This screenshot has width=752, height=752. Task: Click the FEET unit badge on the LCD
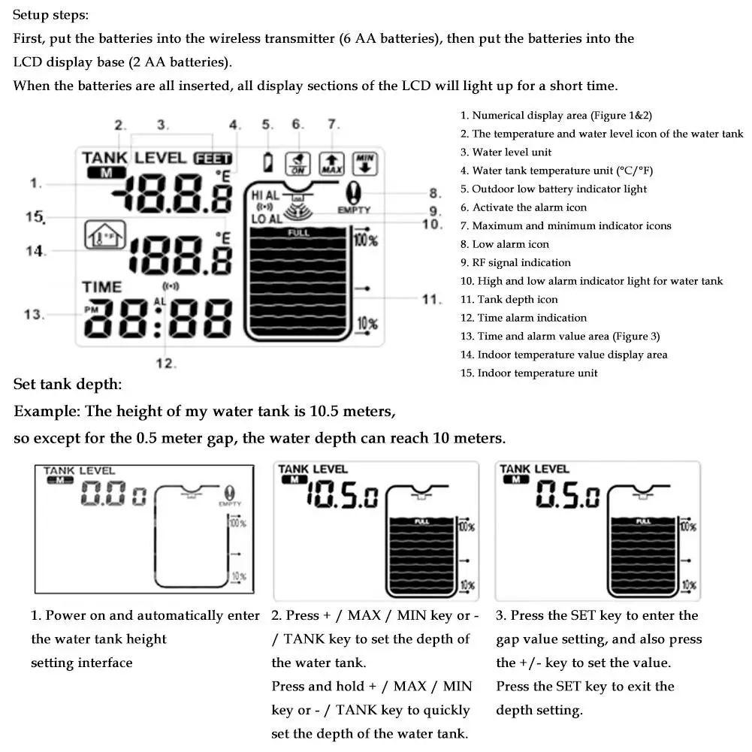click(213, 159)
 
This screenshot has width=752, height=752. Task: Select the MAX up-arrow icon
click(331, 162)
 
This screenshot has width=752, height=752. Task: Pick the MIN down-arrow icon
click(365, 162)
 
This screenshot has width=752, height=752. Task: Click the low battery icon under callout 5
click(267, 162)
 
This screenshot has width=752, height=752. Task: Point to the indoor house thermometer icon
click(100, 237)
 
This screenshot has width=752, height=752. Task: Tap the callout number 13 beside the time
click(34, 314)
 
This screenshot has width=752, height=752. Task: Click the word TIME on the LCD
click(101, 287)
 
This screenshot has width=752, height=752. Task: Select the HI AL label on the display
click(264, 195)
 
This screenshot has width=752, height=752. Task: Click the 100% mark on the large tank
click(365, 240)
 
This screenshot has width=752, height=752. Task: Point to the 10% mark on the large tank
click(367, 324)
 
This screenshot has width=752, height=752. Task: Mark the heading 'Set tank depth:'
click(68, 385)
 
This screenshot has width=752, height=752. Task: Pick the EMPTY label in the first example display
click(229, 505)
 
